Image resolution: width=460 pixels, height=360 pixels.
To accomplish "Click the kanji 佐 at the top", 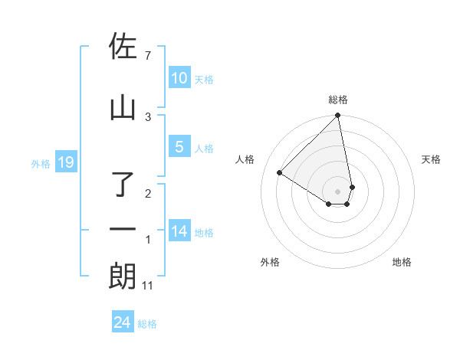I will (123, 47).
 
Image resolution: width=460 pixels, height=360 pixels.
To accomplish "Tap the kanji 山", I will (123, 107).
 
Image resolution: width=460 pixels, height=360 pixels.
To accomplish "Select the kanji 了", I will (123, 184).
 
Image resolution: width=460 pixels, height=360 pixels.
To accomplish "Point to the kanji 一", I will (123, 229).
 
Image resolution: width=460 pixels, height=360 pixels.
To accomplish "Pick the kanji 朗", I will (123, 276).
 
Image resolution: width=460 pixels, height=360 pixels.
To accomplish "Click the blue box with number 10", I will (179, 78).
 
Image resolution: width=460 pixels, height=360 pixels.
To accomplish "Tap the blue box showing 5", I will (179, 147).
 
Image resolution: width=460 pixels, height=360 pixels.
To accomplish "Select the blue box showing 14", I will (179, 231).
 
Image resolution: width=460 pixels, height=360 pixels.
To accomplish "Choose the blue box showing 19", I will (65, 162).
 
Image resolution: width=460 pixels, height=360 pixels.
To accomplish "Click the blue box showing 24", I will (122, 323).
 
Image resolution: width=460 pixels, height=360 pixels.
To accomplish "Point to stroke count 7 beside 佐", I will (148, 56).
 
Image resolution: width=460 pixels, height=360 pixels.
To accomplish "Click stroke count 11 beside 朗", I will (148, 286).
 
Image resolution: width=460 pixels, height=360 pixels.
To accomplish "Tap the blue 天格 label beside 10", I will (204, 79).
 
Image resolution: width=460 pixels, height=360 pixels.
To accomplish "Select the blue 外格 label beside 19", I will (40, 163).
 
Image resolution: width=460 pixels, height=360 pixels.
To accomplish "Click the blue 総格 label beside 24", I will (147, 324).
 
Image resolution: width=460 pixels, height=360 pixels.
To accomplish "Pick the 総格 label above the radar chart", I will (338, 100).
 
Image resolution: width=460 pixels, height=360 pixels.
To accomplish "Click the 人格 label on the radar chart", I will (245, 159).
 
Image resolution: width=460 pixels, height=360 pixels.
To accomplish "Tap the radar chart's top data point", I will (338, 116).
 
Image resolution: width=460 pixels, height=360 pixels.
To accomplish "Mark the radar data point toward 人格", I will (280, 173).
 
